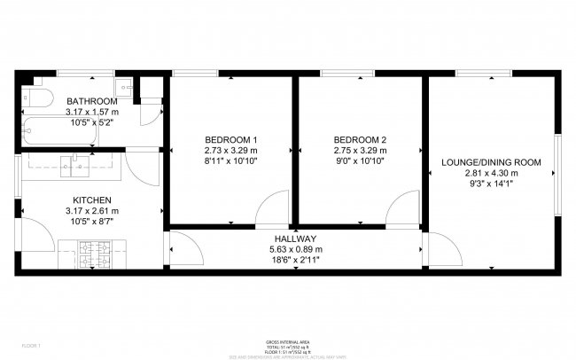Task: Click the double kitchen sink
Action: coord(75,163)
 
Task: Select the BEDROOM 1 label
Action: coord(230,140)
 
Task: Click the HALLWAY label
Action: coord(296,239)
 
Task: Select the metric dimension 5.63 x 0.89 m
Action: coord(296,250)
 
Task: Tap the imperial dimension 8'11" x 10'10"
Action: coord(230,160)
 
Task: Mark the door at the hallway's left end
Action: coord(183,247)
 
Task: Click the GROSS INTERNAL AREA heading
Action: coord(287,340)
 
